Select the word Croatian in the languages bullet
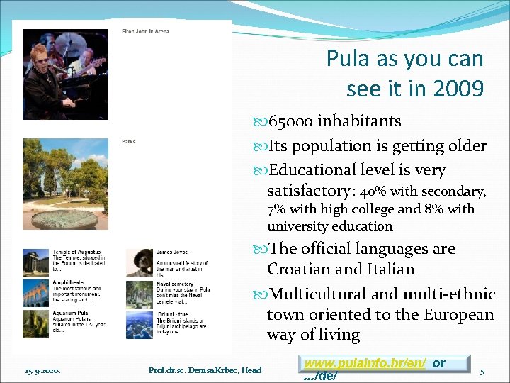[x=301, y=270]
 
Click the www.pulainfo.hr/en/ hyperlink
[x=365, y=363]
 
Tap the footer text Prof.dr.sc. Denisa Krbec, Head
[x=205, y=370]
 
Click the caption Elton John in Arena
[x=145, y=31]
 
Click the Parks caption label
[x=128, y=142]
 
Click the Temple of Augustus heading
[x=76, y=252]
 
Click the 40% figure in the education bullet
[x=371, y=192]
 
